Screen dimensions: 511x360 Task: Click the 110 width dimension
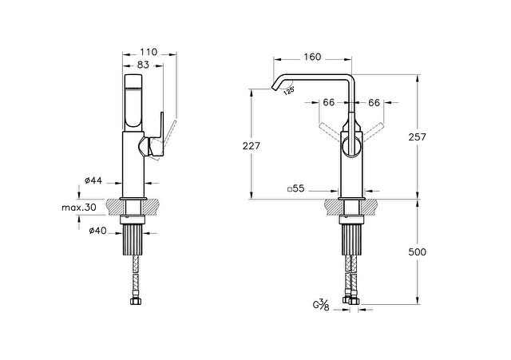coord(149,52)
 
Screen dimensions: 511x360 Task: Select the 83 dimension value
coord(143,65)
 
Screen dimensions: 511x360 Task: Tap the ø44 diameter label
coord(93,180)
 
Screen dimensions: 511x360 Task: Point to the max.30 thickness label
coord(79,208)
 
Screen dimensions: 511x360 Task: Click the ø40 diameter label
coord(97,231)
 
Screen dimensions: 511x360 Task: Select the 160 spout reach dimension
coord(312,57)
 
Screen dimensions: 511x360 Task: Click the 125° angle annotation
coord(289,90)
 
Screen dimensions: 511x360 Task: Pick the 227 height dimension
coord(252,146)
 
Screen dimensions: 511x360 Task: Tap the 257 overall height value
coord(417,137)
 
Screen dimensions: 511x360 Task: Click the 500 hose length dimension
coord(417,251)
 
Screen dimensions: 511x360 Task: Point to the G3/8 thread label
coord(321,306)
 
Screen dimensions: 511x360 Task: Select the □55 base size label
coord(296,188)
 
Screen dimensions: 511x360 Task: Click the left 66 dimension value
coord(329,103)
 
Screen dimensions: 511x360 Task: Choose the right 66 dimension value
coord(374,103)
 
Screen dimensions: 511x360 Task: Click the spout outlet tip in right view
coord(274,87)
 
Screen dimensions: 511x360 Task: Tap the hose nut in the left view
coord(135,302)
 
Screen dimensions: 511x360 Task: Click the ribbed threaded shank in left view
coord(133,239)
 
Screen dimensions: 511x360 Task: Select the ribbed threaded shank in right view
coord(351,239)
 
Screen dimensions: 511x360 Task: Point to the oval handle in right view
coord(351,147)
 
